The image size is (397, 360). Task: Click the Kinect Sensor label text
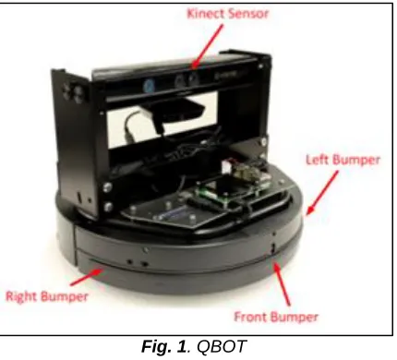(x=228, y=14)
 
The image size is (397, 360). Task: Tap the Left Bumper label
(x=343, y=160)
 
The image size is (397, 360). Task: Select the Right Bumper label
(x=47, y=296)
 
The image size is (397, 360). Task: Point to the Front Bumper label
(x=276, y=317)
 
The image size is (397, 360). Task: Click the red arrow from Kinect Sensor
(x=208, y=46)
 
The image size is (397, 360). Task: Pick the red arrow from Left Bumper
(x=322, y=193)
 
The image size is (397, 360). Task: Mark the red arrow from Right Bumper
(x=87, y=277)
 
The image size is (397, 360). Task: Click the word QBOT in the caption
(x=222, y=346)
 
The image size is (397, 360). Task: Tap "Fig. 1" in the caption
(x=163, y=346)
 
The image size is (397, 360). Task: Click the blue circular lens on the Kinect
(x=149, y=84)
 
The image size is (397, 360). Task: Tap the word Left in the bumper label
(x=318, y=160)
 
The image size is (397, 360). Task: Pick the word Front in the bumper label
(x=251, y=317)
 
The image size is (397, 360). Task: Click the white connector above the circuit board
(x=227, y=167)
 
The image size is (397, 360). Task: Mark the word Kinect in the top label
(x=206, y=14)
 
